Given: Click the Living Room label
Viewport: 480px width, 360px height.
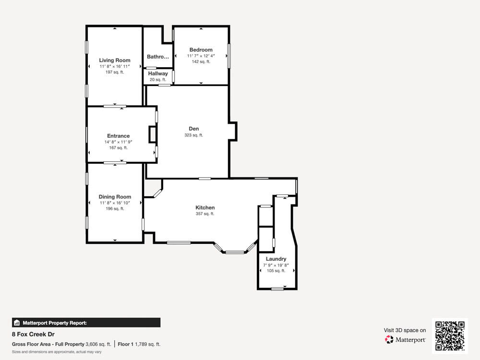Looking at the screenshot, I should click(115, 60).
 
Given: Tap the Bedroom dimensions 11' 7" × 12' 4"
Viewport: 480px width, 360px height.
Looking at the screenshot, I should click(201, 56).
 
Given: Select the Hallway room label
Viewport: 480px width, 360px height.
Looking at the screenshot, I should click(158, 73).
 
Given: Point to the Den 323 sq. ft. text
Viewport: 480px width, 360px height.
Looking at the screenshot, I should click(194, 135).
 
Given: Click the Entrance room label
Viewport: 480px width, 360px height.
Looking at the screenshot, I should click(118, 136).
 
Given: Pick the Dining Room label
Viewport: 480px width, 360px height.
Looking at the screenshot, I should click(115, 197).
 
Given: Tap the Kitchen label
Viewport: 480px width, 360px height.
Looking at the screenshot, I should click(205, 207).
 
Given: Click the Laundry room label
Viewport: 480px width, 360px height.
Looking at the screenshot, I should click(276, 259).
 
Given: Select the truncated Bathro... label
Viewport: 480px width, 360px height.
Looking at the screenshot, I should click(158, 57).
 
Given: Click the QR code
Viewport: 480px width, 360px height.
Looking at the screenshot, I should click(450, 336).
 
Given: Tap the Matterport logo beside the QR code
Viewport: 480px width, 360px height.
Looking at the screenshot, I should click(406, 339).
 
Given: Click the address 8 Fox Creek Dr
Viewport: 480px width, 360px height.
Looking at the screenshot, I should click(33, 334).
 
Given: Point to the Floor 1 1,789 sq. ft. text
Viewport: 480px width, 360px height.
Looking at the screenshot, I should click(139, 344).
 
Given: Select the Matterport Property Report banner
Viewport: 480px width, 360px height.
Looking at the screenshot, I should click(86, 323).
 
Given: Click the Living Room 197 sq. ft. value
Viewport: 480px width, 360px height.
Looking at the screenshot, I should click(115, 72).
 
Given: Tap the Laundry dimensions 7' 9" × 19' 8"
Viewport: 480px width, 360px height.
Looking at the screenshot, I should click(276, 265).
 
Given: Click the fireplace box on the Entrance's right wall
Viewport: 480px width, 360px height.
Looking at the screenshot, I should click(153, 134).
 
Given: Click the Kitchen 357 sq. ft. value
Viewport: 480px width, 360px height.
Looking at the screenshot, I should click(205, 214).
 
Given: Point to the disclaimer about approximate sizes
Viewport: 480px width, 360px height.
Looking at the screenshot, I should click(57, 352).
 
